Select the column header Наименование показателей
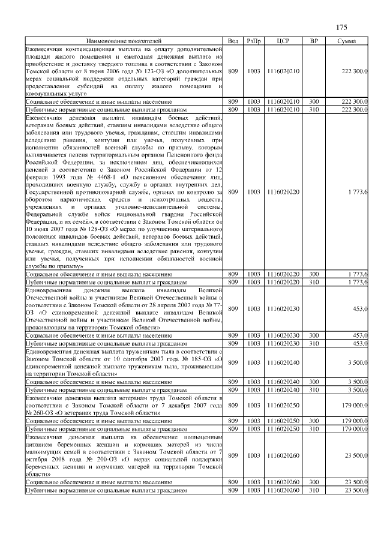click(124, 40)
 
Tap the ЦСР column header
click(285, 40)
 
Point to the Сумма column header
click(346, 40)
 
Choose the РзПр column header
click(254, 40)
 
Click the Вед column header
click(233, 40)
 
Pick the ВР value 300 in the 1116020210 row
click(314, 103)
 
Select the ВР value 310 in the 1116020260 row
click(314, 490)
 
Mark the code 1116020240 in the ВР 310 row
click(285, 389)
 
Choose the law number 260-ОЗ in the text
click(40, 413)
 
